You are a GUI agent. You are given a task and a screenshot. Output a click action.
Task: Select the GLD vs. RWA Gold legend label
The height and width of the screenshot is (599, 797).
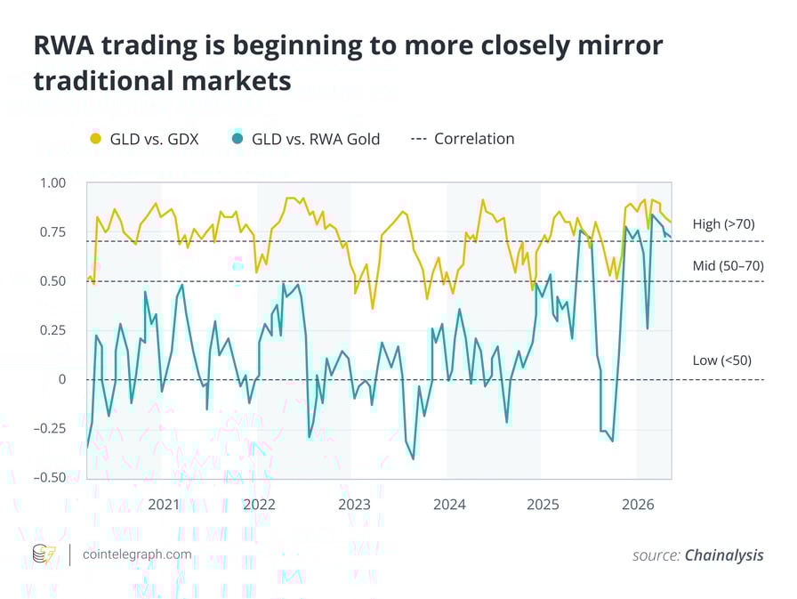[x=316, y=139]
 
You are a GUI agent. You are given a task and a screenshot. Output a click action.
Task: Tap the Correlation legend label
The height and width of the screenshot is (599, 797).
[x=474, y=139]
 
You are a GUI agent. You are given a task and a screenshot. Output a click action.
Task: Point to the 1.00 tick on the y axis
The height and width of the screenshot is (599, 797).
[x=52, y=183]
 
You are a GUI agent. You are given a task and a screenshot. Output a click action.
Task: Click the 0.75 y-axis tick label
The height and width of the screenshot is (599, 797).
[x=52, y=232]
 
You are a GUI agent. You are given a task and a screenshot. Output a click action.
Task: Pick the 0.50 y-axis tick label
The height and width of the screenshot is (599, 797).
[x=52, y=281]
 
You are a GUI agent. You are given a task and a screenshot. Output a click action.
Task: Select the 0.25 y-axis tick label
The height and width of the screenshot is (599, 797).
[x=52, y=330]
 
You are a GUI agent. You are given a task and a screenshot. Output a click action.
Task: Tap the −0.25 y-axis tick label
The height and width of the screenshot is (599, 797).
[x=49, y=428]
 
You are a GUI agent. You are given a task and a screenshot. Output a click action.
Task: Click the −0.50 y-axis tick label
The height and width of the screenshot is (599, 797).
[x=49, y=477]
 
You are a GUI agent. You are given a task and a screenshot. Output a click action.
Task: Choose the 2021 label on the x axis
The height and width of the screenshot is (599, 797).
[x=164, y=505]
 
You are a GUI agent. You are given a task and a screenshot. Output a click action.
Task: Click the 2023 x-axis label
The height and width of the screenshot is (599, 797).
[x=354, y=505]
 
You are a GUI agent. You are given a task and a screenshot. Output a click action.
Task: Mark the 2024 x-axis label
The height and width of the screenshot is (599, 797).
[x=449, y=505]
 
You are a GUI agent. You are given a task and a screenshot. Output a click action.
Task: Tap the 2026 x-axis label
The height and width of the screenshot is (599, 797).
[x=639, y=505]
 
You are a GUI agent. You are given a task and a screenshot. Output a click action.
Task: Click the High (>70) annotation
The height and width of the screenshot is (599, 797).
[x=723, y=224]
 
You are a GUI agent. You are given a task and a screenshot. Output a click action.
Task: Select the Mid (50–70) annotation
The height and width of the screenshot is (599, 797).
[x=728, y=265]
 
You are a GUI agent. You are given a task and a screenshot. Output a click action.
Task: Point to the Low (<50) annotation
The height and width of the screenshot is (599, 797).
[x=721, y=360]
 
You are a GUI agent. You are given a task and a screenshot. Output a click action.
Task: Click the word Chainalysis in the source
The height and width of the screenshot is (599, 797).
[x=723, y=555]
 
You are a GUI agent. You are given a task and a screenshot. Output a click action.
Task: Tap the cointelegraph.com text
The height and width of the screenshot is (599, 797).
[x=136, y=554]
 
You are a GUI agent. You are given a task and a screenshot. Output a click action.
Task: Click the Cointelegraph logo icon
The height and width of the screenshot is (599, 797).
[x=44, y=554]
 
